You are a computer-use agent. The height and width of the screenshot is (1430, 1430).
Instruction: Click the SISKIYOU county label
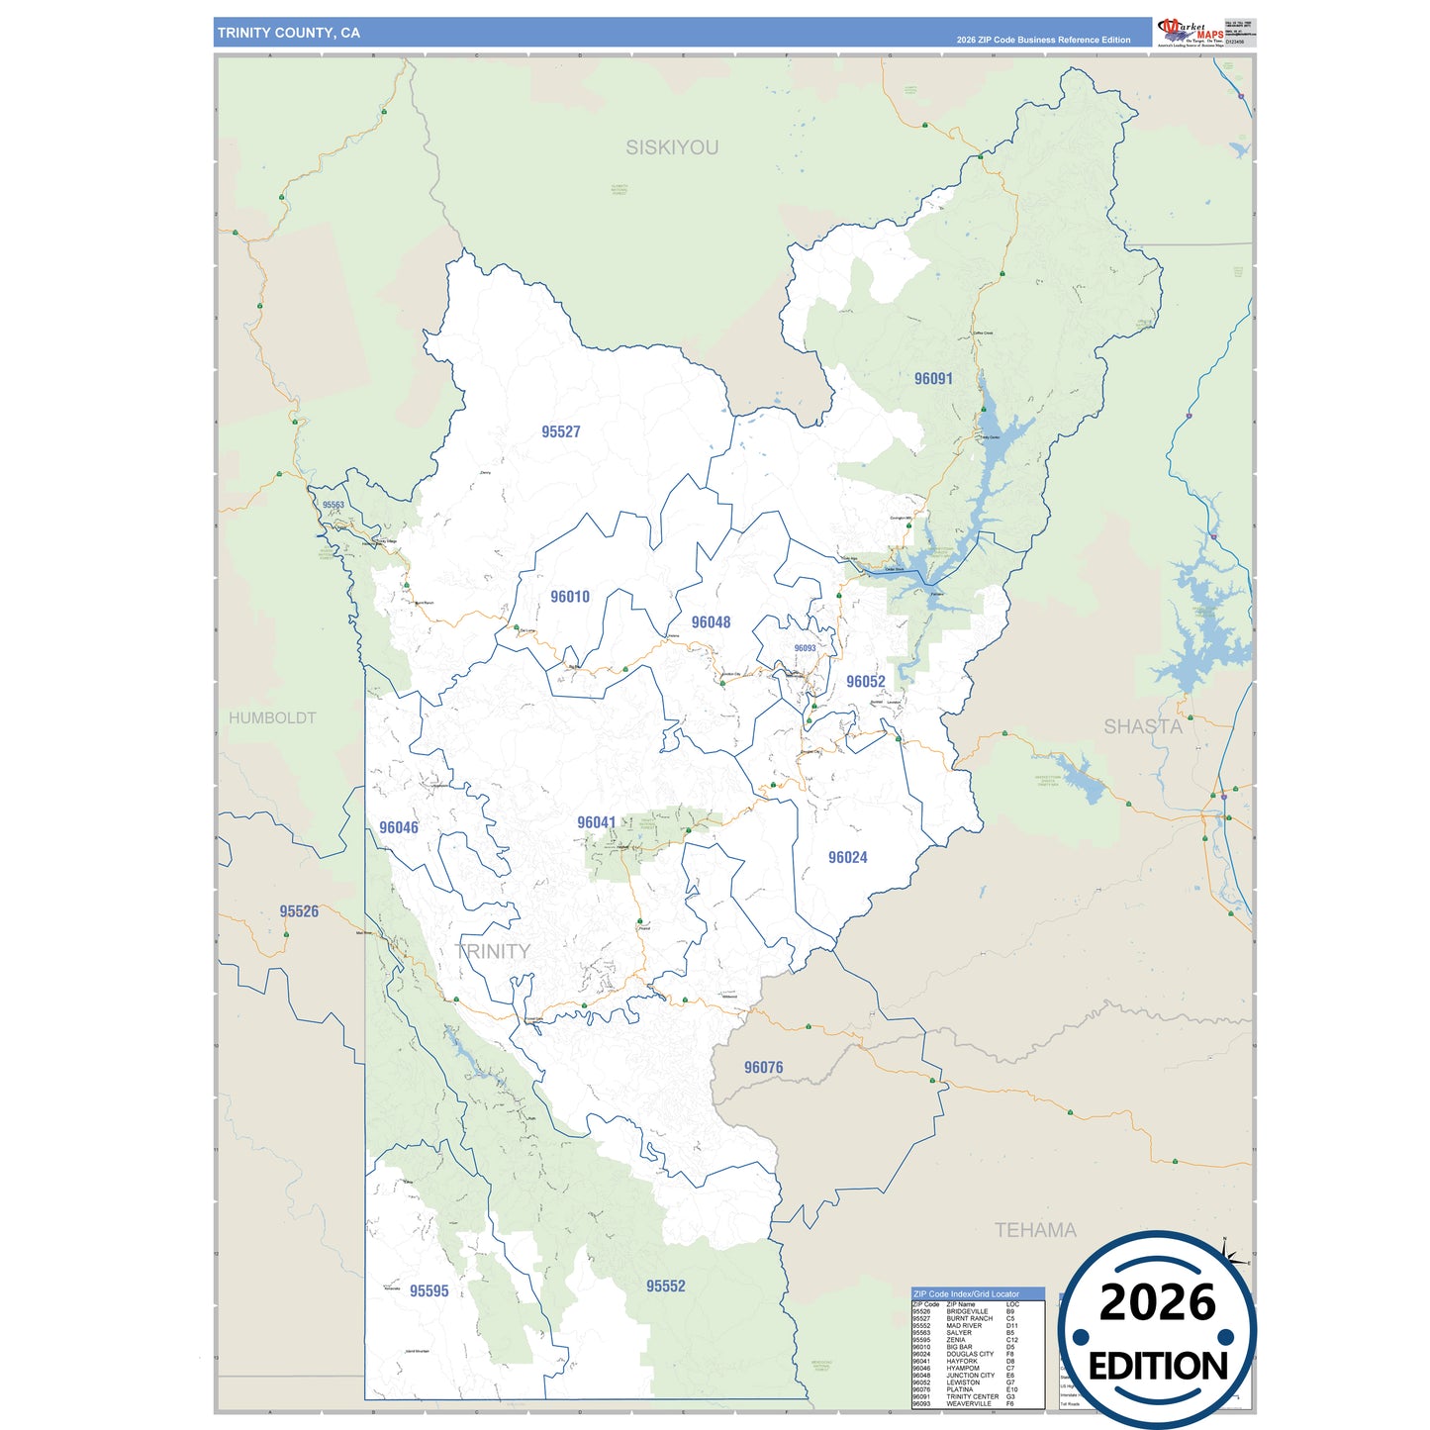672,147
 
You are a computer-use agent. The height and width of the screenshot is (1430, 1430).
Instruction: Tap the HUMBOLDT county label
272,717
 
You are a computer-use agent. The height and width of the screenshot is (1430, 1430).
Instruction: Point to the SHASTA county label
1143,726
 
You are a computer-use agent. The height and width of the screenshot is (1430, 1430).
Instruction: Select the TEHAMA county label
1035,1230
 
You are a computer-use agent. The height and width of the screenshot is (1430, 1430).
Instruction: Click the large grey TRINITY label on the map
493,951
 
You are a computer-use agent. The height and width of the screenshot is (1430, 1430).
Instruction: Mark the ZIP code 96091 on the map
933,378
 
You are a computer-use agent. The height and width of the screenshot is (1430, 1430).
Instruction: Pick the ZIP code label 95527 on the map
561,431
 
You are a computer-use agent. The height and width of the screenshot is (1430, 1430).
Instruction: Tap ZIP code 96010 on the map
570,597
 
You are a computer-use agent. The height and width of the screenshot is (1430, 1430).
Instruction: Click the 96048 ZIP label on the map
711,622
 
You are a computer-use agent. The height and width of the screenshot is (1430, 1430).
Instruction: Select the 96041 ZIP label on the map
597,822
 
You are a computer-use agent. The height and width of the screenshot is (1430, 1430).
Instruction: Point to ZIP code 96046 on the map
399,827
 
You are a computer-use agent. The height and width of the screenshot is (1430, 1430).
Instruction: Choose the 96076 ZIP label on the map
763,1067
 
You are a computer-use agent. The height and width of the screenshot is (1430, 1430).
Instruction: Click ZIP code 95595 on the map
429,1290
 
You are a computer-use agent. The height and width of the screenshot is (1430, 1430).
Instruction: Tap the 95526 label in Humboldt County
299,911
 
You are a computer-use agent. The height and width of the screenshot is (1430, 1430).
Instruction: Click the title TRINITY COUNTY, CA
289,33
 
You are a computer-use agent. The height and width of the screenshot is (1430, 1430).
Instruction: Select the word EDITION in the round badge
1158,1367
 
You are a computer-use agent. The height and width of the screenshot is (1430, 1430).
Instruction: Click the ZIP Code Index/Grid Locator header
966,1293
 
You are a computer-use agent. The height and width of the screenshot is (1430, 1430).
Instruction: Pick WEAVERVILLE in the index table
968,1403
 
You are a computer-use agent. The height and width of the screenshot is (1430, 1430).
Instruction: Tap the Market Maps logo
1191,32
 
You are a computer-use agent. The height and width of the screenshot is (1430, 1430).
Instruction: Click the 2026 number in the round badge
1158,1302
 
